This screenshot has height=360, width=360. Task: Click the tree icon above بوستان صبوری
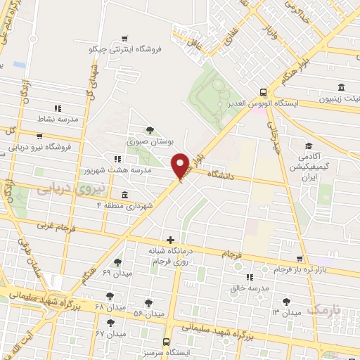149,129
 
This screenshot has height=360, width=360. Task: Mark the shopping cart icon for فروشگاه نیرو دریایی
39,136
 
